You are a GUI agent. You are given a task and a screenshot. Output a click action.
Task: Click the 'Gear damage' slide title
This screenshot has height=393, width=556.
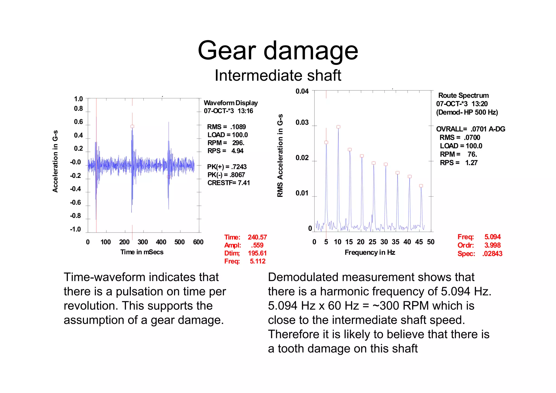pos(278,51)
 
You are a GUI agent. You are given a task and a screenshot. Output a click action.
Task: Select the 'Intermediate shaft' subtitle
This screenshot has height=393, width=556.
pos(278,76)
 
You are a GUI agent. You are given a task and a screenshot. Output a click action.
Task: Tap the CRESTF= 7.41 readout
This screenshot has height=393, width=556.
pos(229,183)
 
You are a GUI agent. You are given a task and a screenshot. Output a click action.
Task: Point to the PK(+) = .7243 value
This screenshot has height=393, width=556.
pos(227,167)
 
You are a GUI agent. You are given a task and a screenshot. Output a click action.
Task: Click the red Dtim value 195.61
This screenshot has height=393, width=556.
pos(257,253)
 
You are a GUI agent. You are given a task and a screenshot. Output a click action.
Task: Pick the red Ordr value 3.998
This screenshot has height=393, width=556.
pos(492,245)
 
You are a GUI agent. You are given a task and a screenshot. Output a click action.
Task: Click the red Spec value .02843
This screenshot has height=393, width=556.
pos(492,254)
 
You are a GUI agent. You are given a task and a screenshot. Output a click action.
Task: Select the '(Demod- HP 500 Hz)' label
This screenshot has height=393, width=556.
pos(467,112)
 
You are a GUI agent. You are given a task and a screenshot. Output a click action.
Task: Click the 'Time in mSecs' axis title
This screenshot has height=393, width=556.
pos(142,252)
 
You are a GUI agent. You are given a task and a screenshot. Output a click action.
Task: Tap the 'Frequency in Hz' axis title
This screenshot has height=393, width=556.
pos(370,252)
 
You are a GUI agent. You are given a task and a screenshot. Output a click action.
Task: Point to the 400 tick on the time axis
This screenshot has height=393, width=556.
pos(161,242)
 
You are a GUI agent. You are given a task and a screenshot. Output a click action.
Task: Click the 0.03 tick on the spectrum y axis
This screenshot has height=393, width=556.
pos(302,122)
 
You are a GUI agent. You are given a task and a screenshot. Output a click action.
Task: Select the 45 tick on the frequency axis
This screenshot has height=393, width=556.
pos(419,242)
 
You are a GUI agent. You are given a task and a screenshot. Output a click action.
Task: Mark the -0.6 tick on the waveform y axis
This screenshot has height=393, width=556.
pos(75,203)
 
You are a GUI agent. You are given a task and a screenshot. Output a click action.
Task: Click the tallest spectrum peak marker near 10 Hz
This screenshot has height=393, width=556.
pos(338,127)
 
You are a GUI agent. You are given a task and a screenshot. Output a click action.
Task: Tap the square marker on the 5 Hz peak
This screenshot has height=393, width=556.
pos(326,142)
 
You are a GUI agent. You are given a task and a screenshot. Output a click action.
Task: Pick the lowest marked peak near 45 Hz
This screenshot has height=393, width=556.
pos(421,186)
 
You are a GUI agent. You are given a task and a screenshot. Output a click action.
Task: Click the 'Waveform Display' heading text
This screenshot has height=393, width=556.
pos(231,103)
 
